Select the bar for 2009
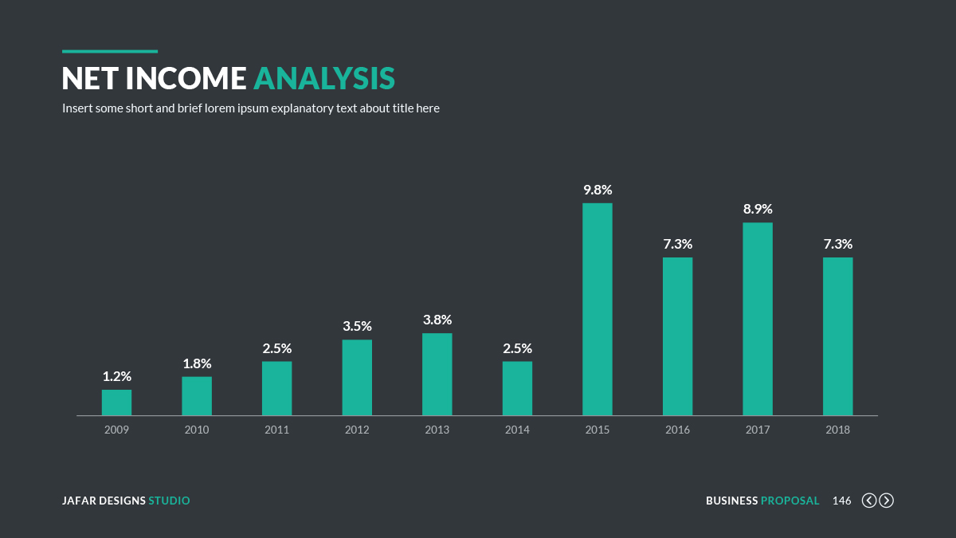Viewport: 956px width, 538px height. (116, 403)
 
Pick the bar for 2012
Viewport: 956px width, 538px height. (357, 378)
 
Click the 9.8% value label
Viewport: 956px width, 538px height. (597, 190)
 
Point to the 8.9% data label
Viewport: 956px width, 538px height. (758, 209)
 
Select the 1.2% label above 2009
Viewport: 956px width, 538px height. (116, 376)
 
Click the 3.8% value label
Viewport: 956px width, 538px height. (437, 320)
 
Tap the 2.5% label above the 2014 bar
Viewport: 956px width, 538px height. (517, 348)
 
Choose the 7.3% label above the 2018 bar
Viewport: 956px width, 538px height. (838, 244)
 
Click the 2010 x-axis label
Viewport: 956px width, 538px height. (197, 430)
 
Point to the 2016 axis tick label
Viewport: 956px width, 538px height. (677, 430)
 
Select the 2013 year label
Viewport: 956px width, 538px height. (437, 430)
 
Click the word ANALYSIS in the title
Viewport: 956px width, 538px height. (324, 78)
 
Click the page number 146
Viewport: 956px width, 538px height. (841, 501)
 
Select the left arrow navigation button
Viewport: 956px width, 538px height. (869, 501)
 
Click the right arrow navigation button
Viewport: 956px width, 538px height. (886, 501)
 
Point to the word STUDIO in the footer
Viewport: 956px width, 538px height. (169, 501)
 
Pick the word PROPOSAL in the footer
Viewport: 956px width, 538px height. (789, 501)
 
